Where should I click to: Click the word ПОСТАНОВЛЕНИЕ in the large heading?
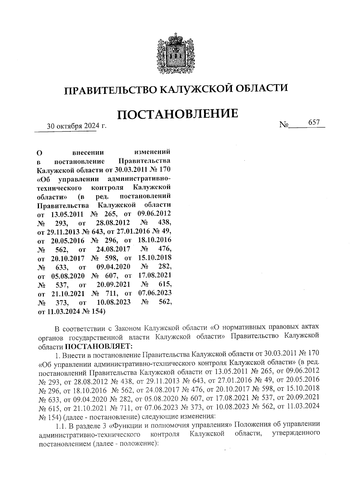[177, 114]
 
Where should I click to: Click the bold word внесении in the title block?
[88, 153]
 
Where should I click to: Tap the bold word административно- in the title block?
[139, 179]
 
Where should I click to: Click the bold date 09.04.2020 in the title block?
[113, 267]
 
